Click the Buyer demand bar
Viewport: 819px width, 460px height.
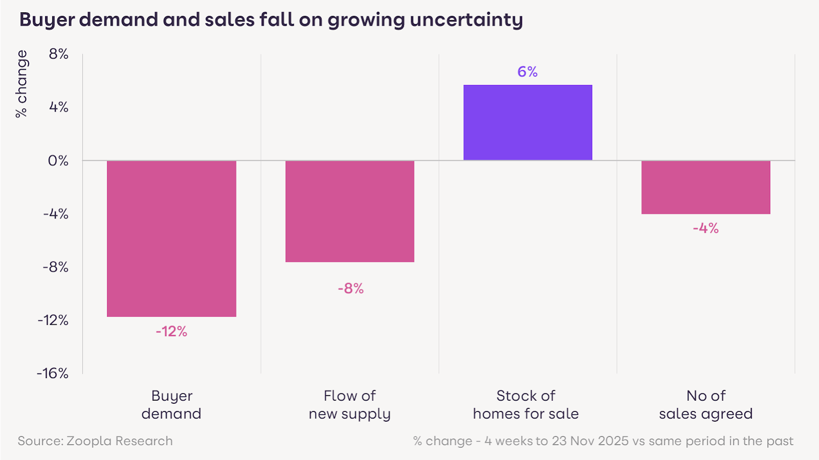[171, 238]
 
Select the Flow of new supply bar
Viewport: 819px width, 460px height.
[350, 211]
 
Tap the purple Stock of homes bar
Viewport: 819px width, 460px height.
[528, 122]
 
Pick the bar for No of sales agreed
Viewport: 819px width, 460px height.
[706, 187]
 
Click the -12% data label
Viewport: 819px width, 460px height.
[171, 332]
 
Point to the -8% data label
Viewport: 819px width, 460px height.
[351, 289]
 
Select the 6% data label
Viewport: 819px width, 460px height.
[527, 72]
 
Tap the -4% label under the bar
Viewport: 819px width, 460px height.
[706, 228]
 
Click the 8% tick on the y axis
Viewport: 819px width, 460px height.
[58, 54]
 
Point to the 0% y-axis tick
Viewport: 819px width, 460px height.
[58, 161]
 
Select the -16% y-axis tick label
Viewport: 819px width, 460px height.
[52, 373]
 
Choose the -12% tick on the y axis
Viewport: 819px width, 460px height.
[53, 320]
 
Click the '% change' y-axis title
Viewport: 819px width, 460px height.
[21, 84]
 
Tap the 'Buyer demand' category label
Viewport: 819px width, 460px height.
[171, 404]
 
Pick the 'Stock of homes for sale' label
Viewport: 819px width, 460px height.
[526, 404]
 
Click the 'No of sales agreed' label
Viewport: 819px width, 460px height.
[706, 404]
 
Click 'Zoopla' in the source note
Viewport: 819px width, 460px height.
[89, 441]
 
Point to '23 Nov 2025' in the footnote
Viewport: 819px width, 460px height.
[590, 441]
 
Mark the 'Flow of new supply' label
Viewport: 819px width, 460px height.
[350, 404]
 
